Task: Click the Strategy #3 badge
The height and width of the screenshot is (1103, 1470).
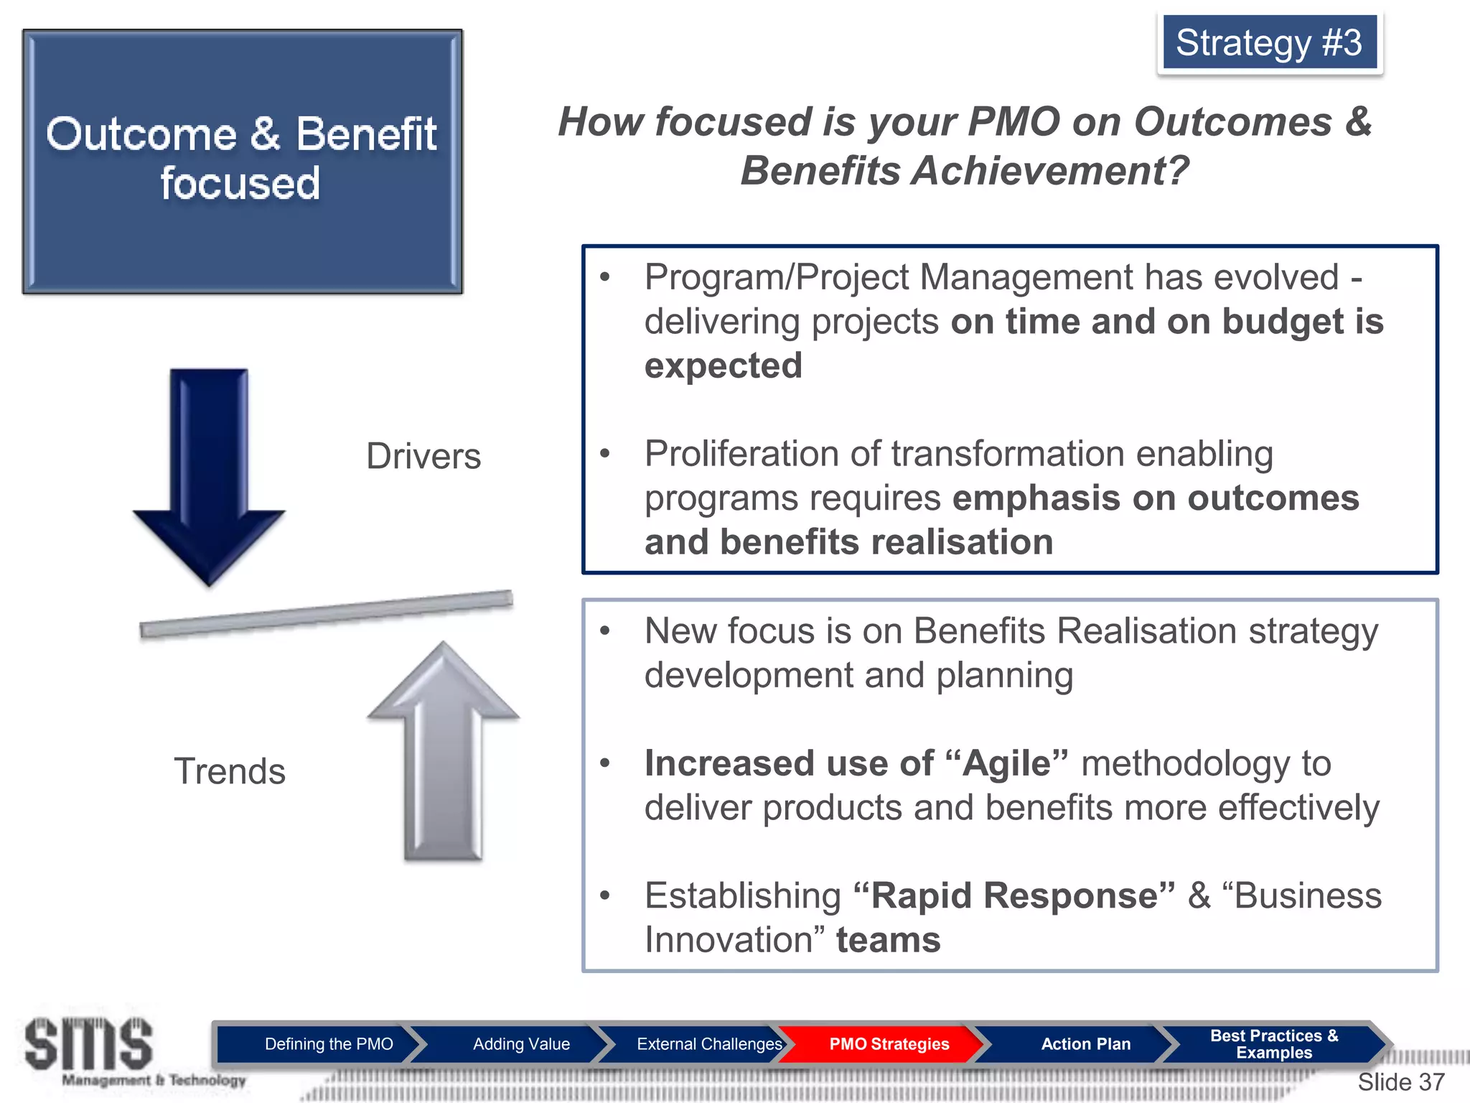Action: [1269, 42]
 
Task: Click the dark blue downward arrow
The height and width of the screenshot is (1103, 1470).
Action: [209, 474]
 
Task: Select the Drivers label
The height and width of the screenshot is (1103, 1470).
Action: [423, 456]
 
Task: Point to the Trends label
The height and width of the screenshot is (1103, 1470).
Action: [230, 771]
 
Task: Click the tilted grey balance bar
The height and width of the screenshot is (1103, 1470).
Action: [327, 613]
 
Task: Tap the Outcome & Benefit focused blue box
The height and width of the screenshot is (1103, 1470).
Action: [243, 162]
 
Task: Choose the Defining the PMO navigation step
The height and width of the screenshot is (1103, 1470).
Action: [329, 1044]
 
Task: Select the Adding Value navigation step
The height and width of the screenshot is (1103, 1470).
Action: [521, 1044]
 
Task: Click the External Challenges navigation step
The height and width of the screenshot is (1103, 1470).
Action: [708, 1044]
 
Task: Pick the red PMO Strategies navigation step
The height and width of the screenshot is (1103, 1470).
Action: [889, 1044]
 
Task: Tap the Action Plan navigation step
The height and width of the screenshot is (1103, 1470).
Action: [1085, 1044]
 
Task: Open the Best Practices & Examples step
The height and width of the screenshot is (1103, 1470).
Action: [1273, 1044]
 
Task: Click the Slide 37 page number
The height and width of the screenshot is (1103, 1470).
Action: [1400, 1081]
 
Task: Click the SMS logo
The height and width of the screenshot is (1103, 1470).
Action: [90, 1045]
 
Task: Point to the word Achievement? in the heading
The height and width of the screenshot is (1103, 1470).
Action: [1049, 171]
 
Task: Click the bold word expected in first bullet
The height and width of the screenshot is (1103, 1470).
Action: [723, 366]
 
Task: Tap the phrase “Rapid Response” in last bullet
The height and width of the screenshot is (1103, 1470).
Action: [1014, 895]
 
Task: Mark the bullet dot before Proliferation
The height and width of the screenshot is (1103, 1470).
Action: [605, 453]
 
